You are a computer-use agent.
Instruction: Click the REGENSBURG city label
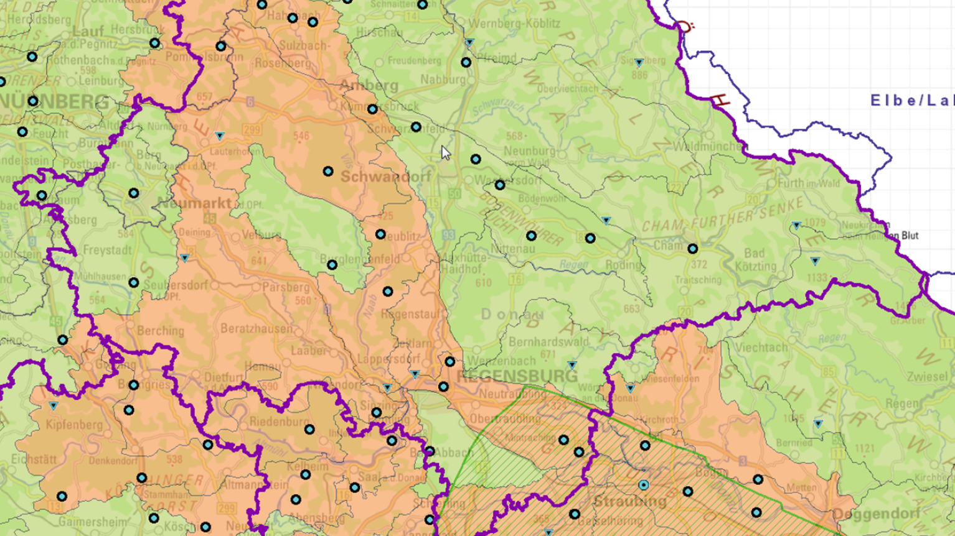517,376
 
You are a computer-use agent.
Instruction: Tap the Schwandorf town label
386,177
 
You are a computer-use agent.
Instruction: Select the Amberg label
369,85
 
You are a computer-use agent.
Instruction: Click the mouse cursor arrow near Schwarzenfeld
445,153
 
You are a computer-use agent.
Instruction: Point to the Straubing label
629,501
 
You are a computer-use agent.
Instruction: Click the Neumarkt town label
194,203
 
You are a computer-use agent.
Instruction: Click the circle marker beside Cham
692,249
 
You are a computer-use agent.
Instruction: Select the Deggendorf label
877,514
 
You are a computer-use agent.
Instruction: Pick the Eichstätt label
34,460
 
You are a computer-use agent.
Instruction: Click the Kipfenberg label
73,425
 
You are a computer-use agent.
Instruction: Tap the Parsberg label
285,287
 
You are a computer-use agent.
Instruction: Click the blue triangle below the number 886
639,63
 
